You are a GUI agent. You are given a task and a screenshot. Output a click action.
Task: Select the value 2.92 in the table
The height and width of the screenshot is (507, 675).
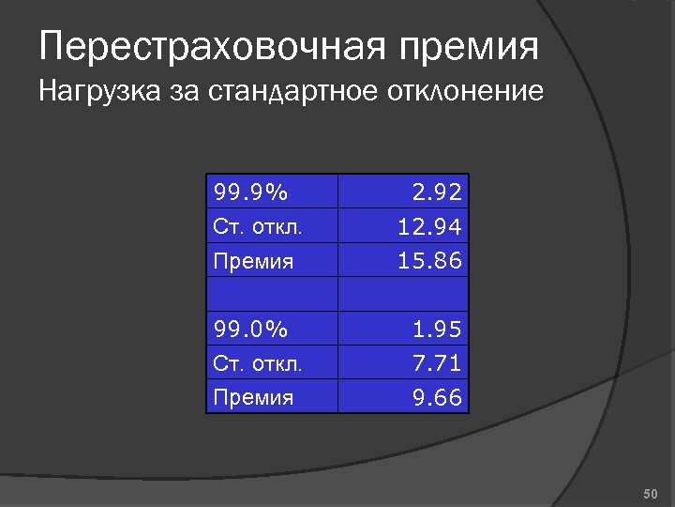click(x=438, y=193)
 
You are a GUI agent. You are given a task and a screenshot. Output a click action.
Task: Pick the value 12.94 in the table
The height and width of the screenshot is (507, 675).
click(x=430, y=227)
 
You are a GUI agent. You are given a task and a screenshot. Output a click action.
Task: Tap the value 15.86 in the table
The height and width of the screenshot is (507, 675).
click(x=430, y=261)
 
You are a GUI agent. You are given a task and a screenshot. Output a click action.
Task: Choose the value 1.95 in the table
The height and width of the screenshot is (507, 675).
click(x=438, y=330)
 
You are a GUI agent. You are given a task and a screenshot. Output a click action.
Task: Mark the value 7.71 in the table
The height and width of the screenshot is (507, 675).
click(x=438, y=363)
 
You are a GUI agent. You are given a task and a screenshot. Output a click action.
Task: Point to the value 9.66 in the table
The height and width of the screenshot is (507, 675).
click(x=438, y=397)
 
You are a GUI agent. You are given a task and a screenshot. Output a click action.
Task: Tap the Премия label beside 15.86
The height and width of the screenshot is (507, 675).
click(x=253, y=262)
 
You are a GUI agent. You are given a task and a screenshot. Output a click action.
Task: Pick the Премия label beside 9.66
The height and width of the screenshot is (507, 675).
click(x=253, y=398)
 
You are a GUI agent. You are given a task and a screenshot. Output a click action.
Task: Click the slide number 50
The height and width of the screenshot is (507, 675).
click(x=652, y=493)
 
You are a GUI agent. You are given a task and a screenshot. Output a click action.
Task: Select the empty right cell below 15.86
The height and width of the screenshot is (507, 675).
click(x=403, y=295)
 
